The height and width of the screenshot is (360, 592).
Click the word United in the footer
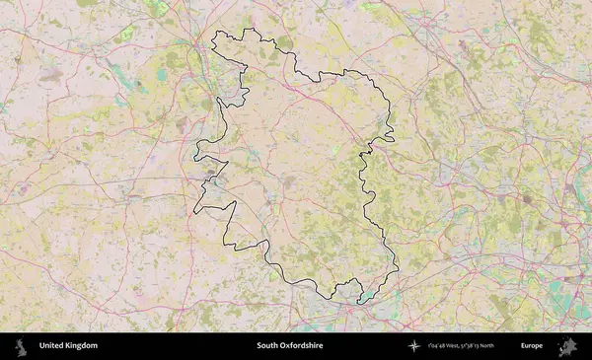click(53, 346)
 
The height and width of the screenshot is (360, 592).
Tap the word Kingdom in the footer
click(82, 346)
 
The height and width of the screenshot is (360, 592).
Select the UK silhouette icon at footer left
click(20, 346)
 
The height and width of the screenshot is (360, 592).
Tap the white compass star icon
click(412, 346)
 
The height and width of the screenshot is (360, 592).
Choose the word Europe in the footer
click(532, 346)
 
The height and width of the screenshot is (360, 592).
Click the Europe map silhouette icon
click(567, 346)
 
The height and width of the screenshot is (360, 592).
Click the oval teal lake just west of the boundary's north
click(161, 74)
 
